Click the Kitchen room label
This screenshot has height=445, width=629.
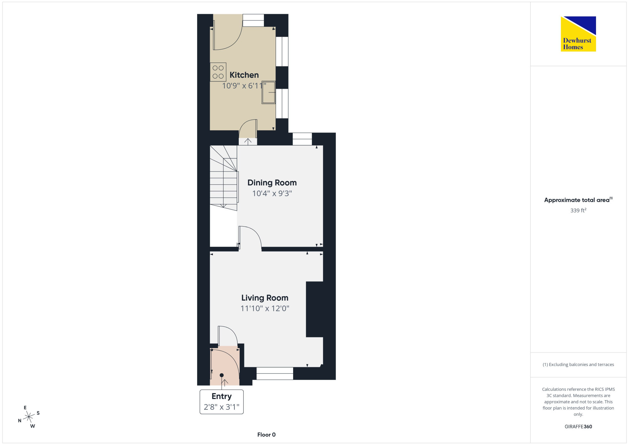tap(244, 75)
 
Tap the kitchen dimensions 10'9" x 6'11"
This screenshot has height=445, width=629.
tap(244, 86)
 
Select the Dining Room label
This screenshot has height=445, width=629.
tap(272, 183)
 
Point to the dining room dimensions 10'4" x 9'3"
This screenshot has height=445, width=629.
tap(272, 193)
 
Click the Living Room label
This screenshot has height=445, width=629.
tap(265, 298)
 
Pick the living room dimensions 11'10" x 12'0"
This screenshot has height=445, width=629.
tap(265, 308)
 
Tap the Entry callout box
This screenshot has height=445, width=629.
tap(222, 402)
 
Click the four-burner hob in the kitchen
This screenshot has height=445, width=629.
tap(218, 72)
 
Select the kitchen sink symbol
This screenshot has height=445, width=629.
tap(269, 93)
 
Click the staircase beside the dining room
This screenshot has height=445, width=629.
tap(224, 178)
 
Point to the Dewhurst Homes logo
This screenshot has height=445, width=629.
tap(578, 34)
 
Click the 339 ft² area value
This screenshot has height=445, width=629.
tap(578, 210)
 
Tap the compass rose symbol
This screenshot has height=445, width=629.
tap(29, 417)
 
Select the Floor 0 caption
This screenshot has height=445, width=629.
tap(266, 435)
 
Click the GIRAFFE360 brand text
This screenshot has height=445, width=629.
tap(578, 427)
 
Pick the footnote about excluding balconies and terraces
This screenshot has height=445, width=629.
tap(578, 364)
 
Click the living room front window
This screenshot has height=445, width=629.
tap(275, 373)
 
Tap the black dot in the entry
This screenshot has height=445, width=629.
tap(222, 375)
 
